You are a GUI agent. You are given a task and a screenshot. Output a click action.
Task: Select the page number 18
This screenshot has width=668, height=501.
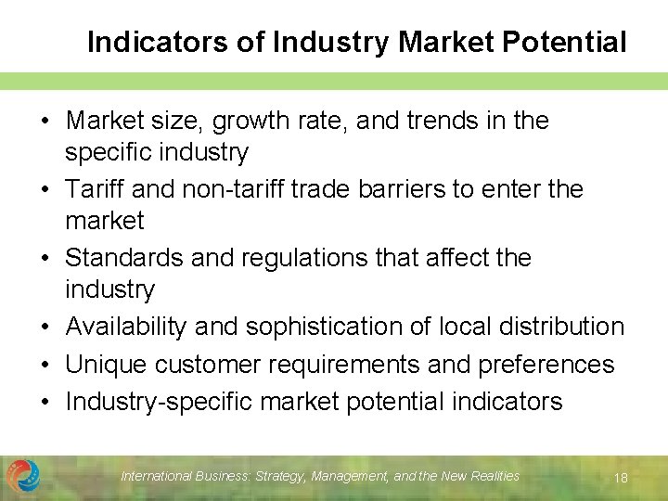click(x=621, y=478)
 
